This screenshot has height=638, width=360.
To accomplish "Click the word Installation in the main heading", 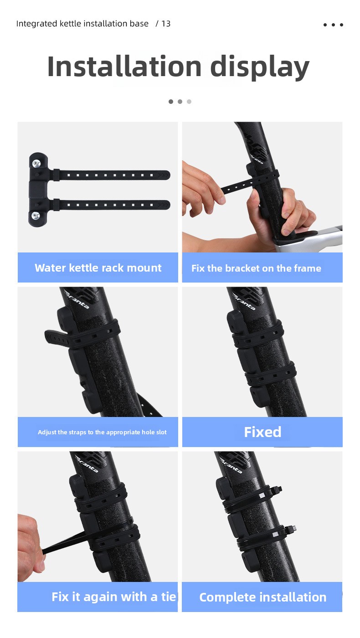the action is point(124,67).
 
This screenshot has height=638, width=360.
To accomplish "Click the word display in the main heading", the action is point(260,68).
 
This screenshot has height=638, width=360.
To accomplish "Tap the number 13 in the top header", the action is point(166,23).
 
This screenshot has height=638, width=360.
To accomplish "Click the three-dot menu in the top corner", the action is point(333,25).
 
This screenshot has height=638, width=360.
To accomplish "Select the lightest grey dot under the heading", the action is point(189,101).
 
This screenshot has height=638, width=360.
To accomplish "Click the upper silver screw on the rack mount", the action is point(36,164).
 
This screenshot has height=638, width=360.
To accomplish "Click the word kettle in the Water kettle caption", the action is point(84,268).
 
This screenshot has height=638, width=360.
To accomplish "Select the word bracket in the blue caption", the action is point(244,268).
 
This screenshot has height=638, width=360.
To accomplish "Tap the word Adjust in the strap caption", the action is point(47,432).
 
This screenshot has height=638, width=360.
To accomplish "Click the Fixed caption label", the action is point(262,432).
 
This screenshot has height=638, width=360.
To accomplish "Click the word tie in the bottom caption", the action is point(169,597).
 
